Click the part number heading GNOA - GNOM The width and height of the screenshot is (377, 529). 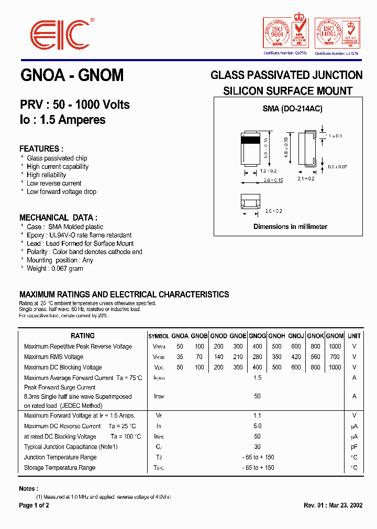click(x=72, y=75)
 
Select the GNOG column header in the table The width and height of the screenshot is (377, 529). click(x=257, y=336)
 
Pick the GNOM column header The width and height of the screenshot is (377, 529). click(x=335, y=336)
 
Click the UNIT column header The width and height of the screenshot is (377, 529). click(x=354, y=336)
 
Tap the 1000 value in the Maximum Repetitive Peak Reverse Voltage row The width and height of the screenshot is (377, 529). click(x=335, y=347)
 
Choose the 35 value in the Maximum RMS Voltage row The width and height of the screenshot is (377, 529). click(x=180, y=357)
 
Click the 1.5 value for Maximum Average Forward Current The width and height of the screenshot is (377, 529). click(x=257, y=378)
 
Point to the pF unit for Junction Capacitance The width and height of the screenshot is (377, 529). click(x=354, y=447)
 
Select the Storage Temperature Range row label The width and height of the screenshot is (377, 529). click(x=60, y=468)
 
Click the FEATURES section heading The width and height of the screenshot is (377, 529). click(x=41, y=148)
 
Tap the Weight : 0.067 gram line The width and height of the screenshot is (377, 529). click(x=55, y=269)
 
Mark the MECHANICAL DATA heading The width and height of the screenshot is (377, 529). click(x=58, y=217)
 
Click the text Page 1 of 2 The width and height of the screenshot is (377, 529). click(x=34, y=505)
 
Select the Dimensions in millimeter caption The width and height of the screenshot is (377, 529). click(x=290, y=227)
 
